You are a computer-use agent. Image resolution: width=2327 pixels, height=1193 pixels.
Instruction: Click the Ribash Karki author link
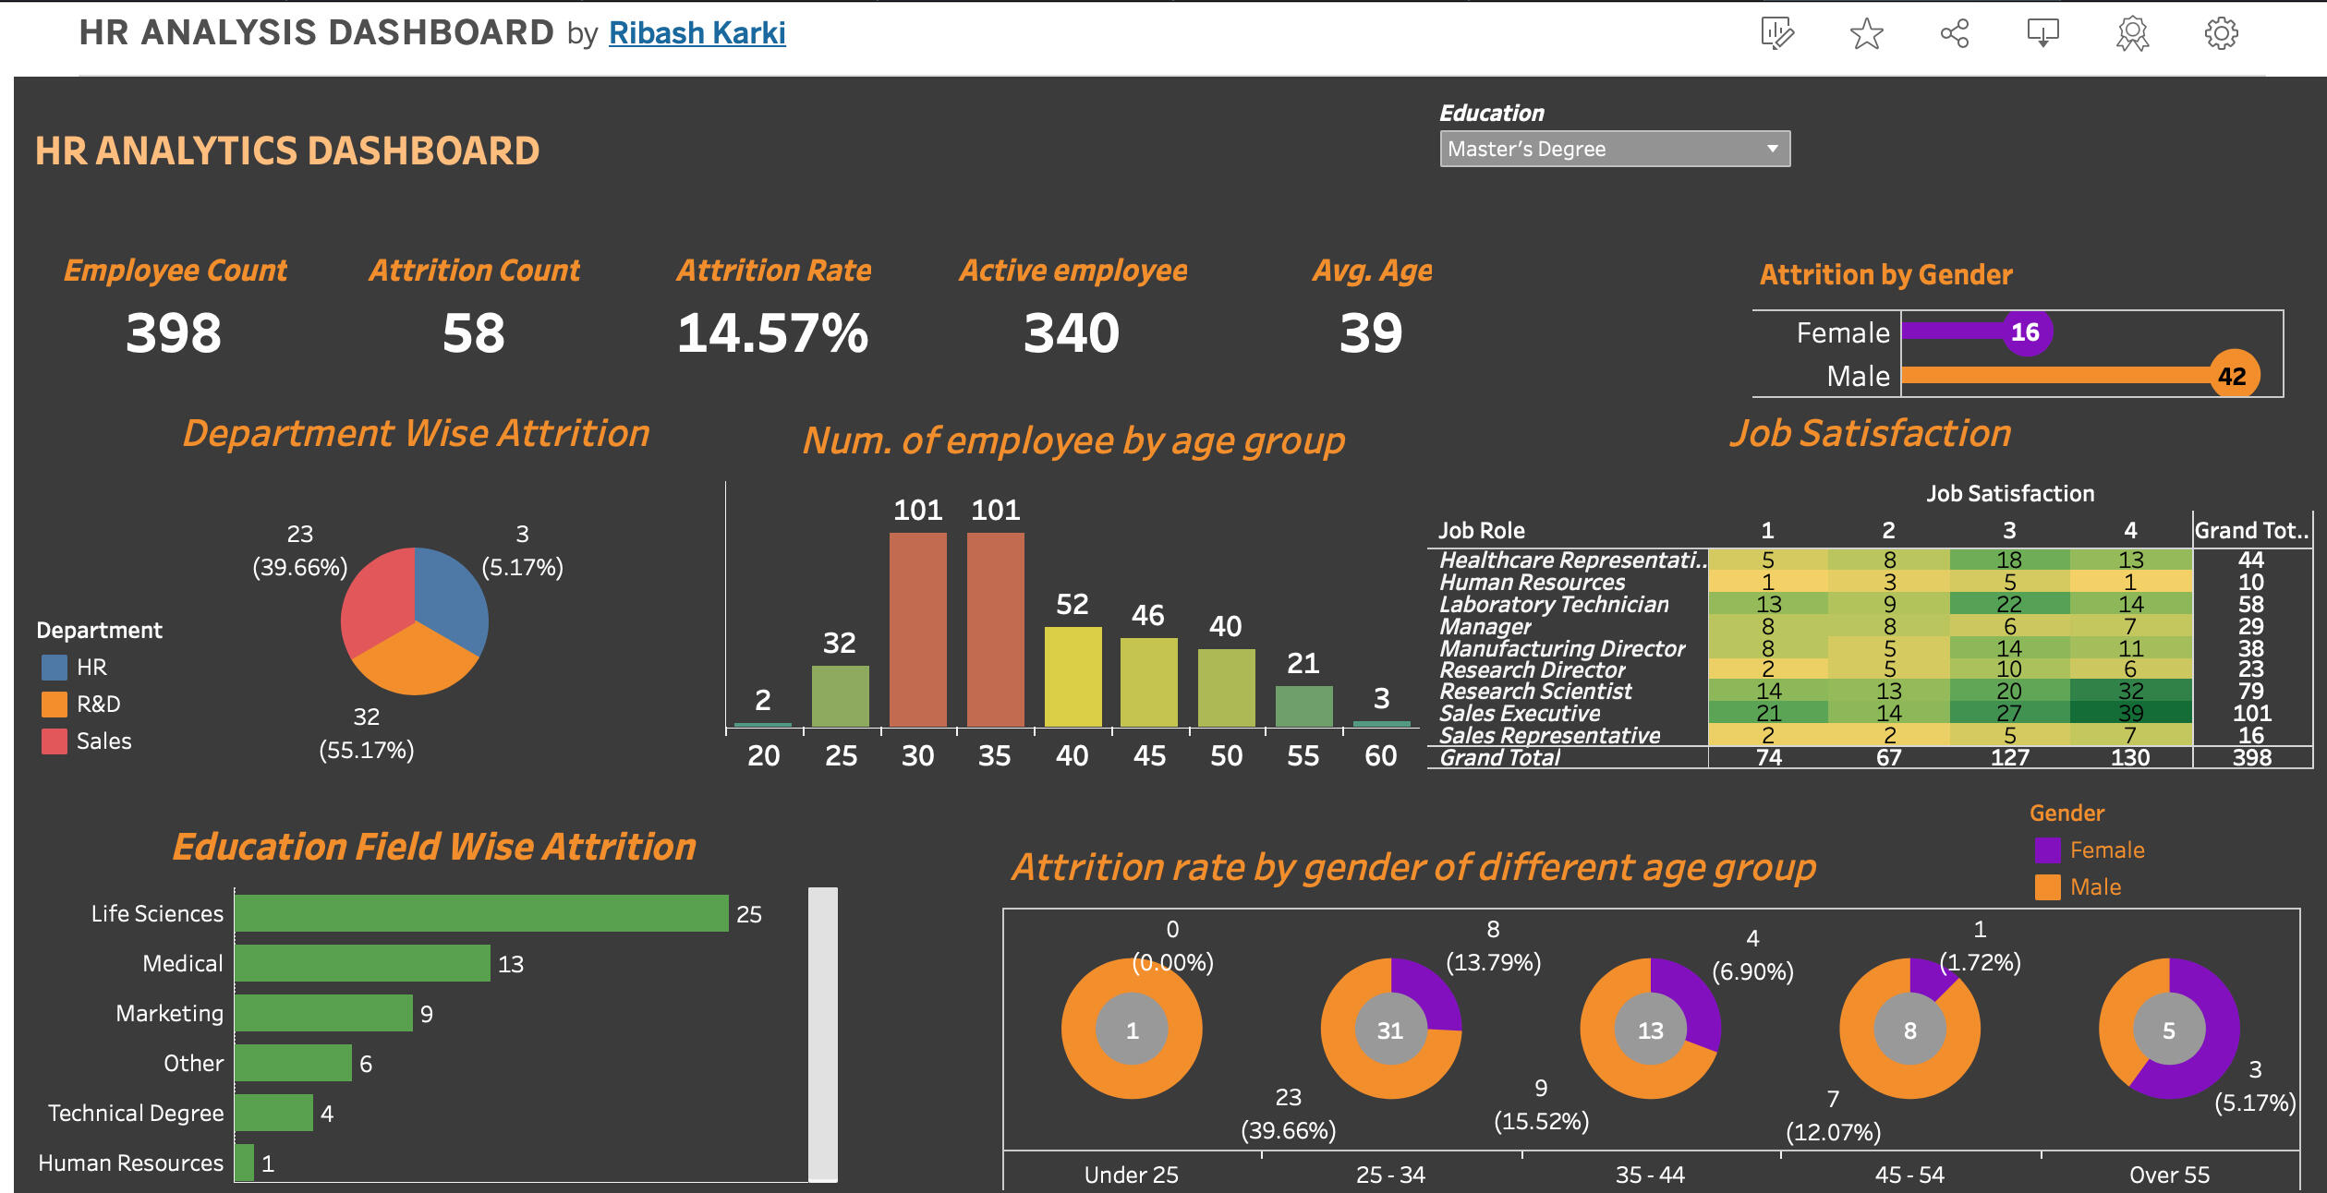pos(697,33)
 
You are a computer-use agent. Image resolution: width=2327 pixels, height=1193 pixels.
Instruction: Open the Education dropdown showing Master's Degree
pos(1614,149)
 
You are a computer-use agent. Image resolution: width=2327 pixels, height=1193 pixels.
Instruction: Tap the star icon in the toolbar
pos(1866,34)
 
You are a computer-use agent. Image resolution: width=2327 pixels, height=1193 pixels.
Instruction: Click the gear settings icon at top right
pos(2221,34)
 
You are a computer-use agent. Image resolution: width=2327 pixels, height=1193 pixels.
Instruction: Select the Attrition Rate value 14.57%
pos(772,333)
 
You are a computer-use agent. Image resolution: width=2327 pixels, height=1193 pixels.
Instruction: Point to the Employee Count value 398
pos(174,333)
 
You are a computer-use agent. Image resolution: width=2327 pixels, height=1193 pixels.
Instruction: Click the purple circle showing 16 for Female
pos(2025,332)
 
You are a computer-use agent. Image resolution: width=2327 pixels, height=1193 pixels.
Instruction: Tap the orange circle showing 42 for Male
pos(2232,376)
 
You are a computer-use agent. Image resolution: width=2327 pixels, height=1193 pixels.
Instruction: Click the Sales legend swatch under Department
pos(55,741)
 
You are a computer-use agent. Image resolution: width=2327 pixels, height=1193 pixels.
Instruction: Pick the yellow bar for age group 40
pos(1073,677)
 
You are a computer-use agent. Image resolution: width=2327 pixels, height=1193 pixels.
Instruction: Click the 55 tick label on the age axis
pos(1303,756)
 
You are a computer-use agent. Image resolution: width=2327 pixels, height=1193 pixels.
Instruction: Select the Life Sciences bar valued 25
pos(480,913)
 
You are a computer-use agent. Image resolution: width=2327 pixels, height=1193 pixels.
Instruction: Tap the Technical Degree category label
pos(136,1114)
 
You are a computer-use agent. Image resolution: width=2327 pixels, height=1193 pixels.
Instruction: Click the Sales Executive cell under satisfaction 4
pos(2130,713)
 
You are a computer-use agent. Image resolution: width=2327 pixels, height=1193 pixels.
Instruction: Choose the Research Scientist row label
pos(1535,692)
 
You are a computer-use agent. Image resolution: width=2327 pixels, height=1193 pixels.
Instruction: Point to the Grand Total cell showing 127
pos(2009,758)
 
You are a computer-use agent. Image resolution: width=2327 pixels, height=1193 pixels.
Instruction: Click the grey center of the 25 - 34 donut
pos(1390,1030)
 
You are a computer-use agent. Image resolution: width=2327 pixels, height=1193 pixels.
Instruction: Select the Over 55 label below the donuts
pos(2169,1175)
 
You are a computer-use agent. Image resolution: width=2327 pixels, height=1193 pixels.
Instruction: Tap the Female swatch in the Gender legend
pos(2047,850)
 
